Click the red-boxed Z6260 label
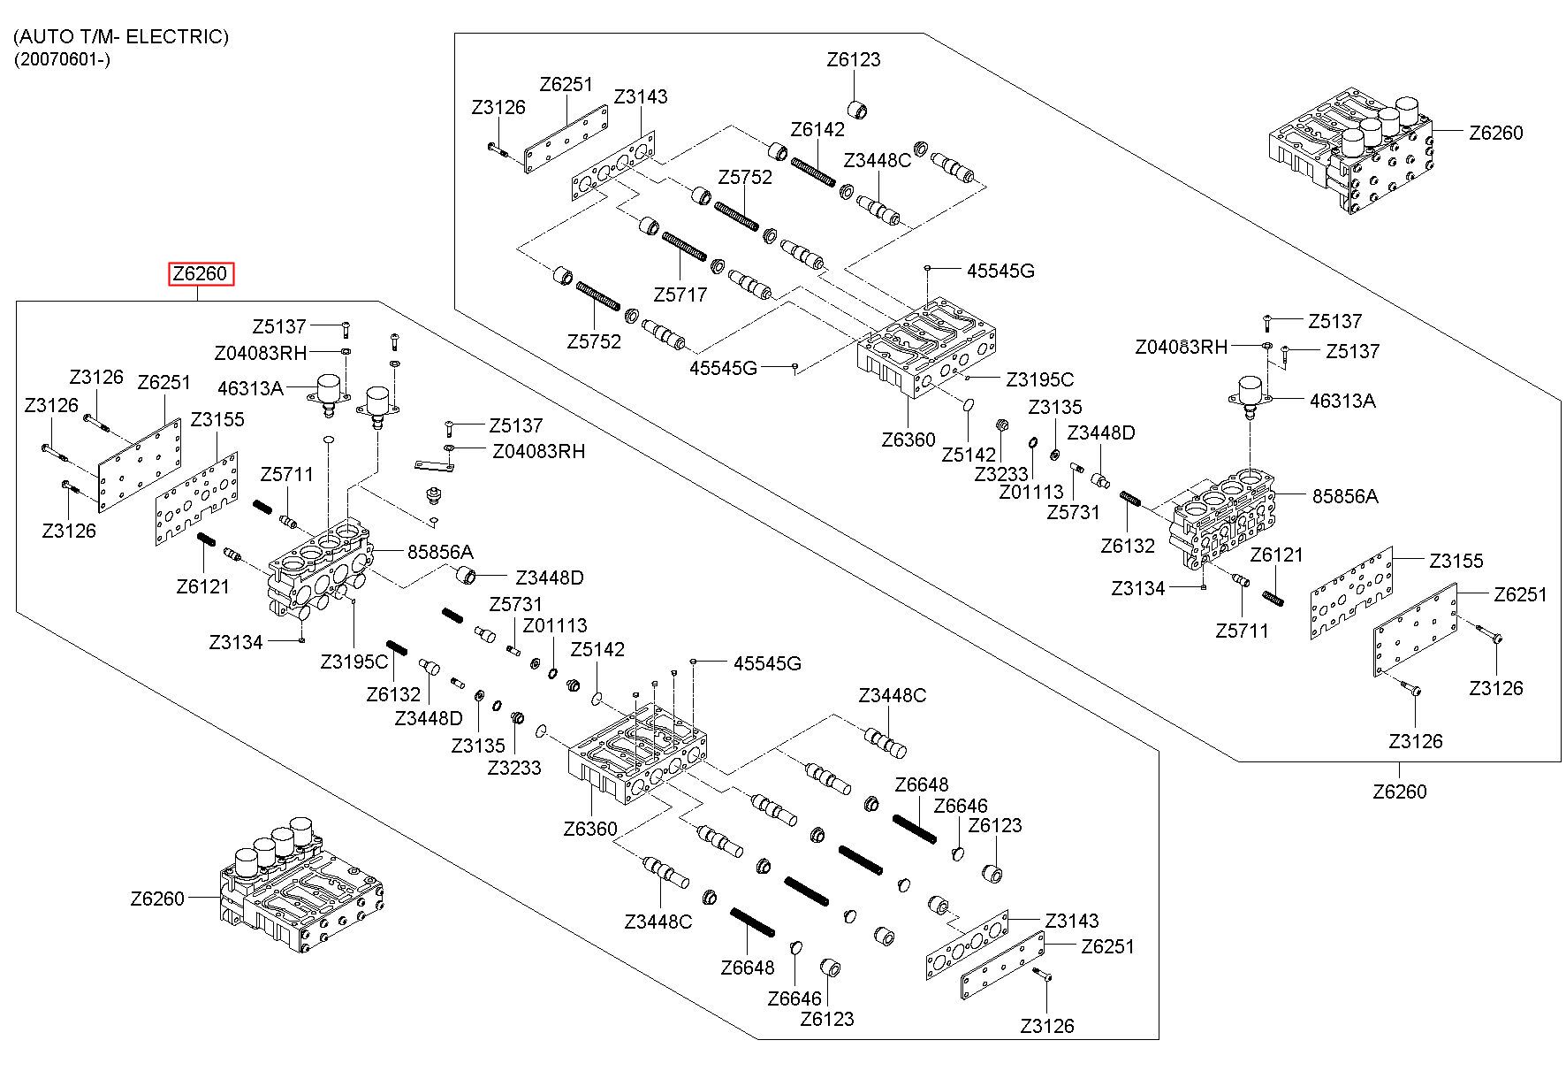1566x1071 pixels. (201, 274)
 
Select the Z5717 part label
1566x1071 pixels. (680, 295)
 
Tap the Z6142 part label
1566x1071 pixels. (817, 129)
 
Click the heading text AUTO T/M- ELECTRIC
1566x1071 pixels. (121, 36)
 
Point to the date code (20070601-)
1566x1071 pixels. (62, 60)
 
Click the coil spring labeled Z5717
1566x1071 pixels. (684, 245)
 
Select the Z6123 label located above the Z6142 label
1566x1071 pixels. (854, 60)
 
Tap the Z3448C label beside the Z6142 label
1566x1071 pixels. (878, 160)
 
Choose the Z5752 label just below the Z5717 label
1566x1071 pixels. (594, 341)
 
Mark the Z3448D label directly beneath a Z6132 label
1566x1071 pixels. (429, 717)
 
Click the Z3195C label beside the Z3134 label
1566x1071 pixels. (354, 661)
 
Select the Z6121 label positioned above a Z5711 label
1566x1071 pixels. (1277, 555)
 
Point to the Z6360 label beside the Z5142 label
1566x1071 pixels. (908, 440)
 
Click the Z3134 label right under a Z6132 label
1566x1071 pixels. (1138, 588)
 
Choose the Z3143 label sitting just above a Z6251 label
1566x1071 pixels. (1072, 921)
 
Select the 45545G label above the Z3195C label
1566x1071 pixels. (1000, 271)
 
